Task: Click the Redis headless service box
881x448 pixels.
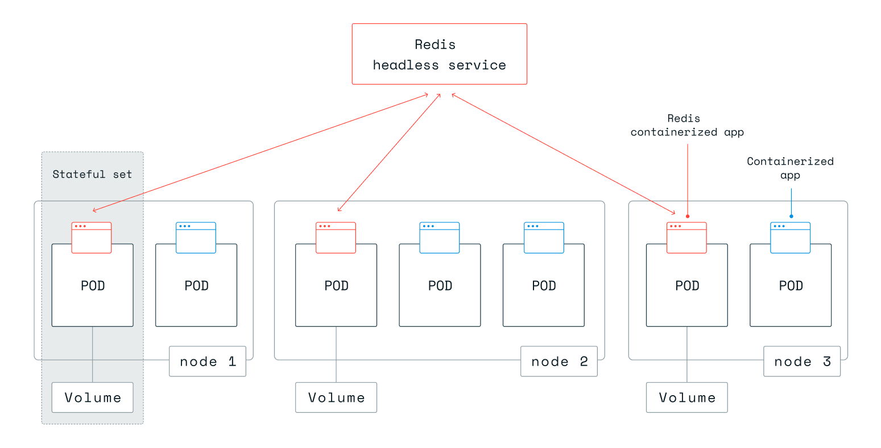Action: coord(439,54)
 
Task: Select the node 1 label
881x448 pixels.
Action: coord(207,362)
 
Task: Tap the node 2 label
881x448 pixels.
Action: coord(559,362)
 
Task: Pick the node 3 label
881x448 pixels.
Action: coord(801,362)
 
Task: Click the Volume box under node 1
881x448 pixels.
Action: coord(92,397)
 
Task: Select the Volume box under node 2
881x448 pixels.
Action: coord(336,397)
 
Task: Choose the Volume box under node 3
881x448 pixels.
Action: coord(686,397)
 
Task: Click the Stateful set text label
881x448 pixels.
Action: coord(92,175)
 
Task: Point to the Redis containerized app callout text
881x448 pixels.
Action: coord(686,125)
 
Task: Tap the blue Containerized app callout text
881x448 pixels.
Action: coord(790,168)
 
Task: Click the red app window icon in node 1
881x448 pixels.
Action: coord(92,238)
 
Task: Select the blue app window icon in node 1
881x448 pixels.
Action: coord(196,238)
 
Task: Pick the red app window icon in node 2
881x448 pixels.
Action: coord(336,238)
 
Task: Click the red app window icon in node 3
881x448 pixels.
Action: coord(686,238)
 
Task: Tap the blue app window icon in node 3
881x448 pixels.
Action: coord(790,238)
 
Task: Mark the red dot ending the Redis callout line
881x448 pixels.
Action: coord(688,217)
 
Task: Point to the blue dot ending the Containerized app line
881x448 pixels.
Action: coord(791,217)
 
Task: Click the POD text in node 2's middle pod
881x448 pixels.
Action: coord(440,286)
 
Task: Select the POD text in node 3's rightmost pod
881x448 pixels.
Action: coord(791,286)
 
